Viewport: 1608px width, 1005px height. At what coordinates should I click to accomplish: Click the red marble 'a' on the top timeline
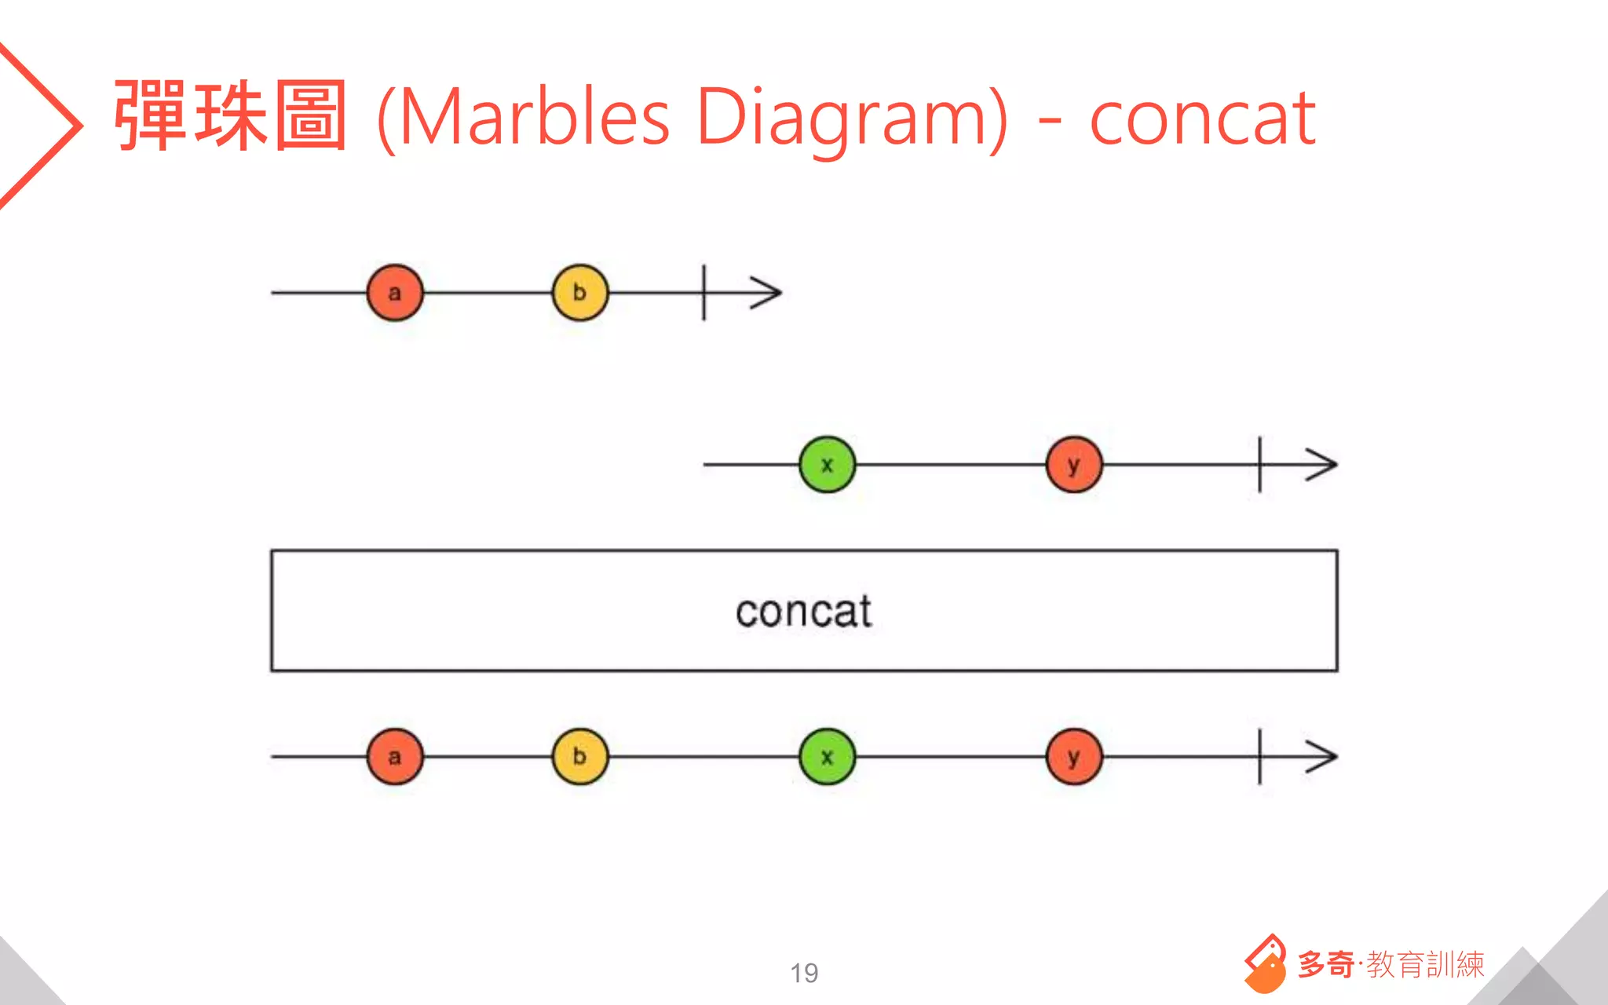pos(395,293)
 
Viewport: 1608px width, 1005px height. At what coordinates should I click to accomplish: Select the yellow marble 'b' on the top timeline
pos(580,293)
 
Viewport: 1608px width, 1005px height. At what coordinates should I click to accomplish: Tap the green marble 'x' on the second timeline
pos(827,465)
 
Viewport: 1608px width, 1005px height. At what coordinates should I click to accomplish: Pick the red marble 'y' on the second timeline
pos(1074,465)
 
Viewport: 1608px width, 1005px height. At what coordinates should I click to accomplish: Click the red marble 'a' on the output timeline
pos(395,757)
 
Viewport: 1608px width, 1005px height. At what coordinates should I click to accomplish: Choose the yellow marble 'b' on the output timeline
pos(580,757)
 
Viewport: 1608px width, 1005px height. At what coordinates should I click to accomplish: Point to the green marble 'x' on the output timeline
pos(827,757)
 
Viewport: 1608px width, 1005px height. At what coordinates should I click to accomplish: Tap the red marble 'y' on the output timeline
pos(1074,757)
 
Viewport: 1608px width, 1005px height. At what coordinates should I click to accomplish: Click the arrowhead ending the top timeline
pos(768,293)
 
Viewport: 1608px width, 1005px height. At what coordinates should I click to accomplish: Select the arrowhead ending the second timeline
pos(1324,465)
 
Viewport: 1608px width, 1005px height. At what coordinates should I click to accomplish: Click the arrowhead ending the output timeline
pos(1324,757)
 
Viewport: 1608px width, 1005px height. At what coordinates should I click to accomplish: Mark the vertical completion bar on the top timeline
pos(704,293)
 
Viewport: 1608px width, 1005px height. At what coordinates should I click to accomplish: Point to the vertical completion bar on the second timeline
pos(1260,465)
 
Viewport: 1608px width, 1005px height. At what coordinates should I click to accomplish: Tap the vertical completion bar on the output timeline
pos(1260,757)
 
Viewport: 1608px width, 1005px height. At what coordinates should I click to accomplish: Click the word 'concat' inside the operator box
pos(803,611)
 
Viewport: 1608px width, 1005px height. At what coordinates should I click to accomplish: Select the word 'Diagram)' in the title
pos(851,118)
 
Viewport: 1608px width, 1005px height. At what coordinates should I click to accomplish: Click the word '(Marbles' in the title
pos(524,118)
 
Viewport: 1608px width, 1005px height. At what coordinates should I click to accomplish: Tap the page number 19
pos(804,973)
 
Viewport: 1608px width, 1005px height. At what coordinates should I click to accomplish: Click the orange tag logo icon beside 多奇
pos(1265,963)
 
